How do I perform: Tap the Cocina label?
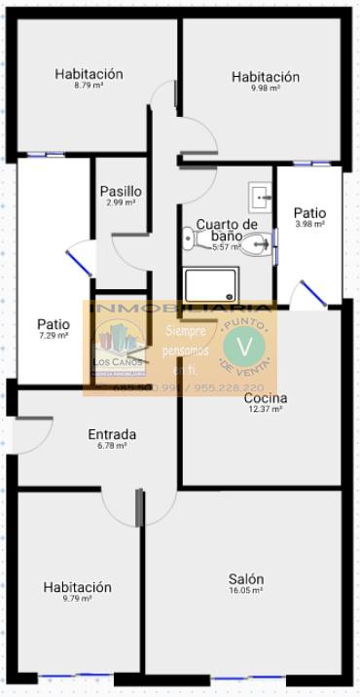pyautogui.click(x=265, y=398)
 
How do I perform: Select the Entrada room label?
pyautogui.click(x=112, y=434)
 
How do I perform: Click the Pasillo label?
pyautogui.click(x=121, y=192)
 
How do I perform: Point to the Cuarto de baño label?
pyautogui.click(x=227, y=230)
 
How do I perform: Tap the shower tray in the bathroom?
pyautogui.click(x=211, y=286)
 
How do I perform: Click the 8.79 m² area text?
pyautogui.click(x=89, y=86)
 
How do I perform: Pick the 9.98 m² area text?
pyautogui.click(x=265, y=89)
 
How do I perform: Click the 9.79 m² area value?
pyautogui.click(x=77, y=599)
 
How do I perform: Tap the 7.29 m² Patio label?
pyautogui.click(x=54, y=325)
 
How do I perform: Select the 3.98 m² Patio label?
pyautogui.click(x=309, y=212)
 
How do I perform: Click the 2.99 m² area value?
pyautogui.click(x=121, y=202)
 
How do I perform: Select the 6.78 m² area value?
pyautogui.click(x=112, y=446)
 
